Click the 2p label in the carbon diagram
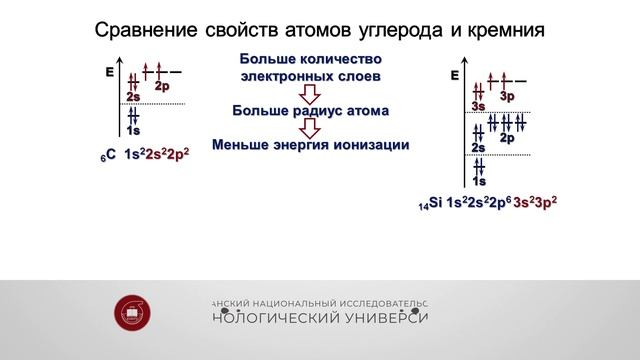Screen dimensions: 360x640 pos(162,87)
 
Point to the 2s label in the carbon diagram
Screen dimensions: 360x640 pos(133,97)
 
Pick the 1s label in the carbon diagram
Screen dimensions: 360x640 pos(133,131)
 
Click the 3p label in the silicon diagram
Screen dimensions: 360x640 pos(507,96)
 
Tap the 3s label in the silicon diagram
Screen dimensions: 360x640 pos(478,106)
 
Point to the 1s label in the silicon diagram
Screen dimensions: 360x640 pos(479,181)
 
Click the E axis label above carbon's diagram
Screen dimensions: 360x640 pos(109,73)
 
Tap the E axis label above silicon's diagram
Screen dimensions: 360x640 pos(455,76)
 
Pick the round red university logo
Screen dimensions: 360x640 pos(133,312)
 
